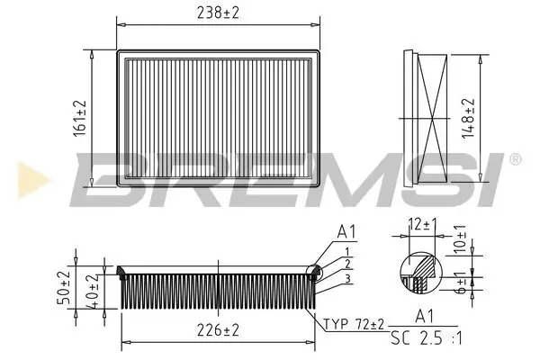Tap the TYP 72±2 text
point(355,322)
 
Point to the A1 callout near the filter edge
point(346,232)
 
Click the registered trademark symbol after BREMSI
point(514,159)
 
